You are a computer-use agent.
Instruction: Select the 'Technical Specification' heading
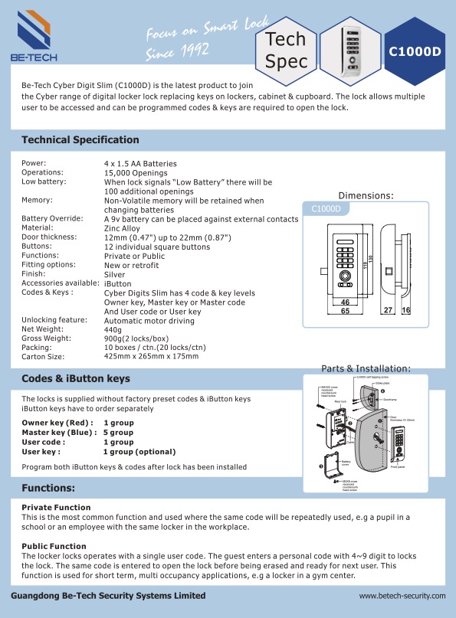80,140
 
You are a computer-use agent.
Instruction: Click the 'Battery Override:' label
51,219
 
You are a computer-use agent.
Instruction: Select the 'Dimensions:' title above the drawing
366,195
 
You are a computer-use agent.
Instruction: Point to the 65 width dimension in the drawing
346,312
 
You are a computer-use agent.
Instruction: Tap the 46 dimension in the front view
345,302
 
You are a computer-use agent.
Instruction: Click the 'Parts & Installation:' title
366,368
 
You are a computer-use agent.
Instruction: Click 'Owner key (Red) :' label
57,423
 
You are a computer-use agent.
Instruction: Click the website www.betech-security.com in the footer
402,595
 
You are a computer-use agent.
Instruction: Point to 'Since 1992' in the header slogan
178,54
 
